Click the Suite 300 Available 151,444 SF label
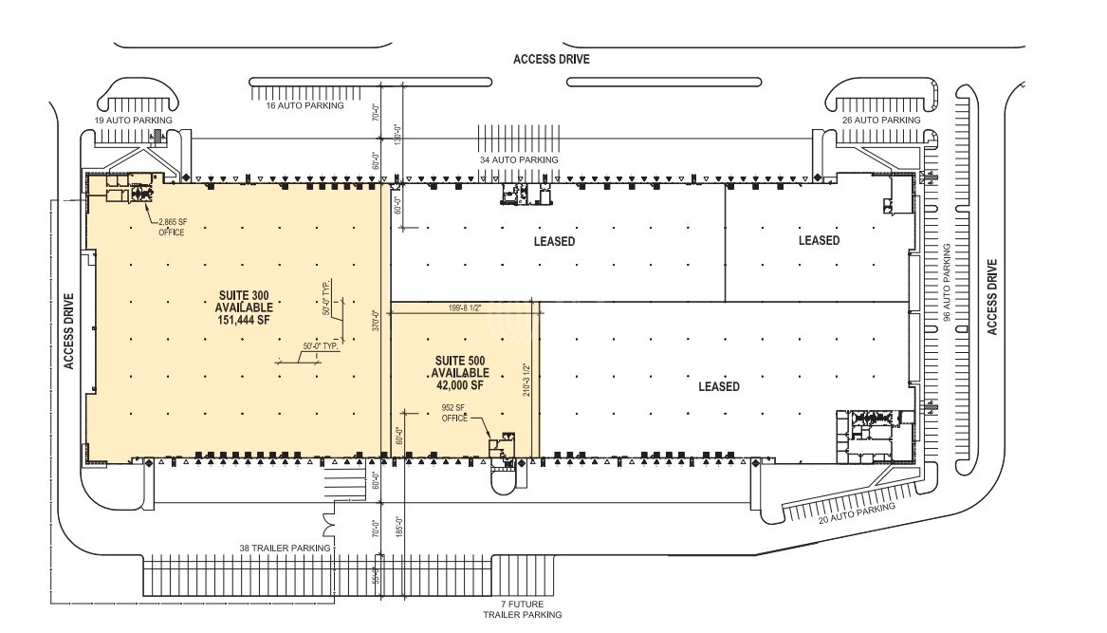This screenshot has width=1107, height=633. [x=245, y=307]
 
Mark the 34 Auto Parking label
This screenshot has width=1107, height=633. [x=519, y=159]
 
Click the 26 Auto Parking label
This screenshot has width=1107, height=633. [x=880, y=121]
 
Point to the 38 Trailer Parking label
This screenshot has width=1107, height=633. [x=285, y=548]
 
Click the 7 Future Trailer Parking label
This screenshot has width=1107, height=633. [x=521, y=609]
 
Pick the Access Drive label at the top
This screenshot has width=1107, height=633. [x=551, y=59]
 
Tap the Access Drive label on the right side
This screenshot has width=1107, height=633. [x=992, y=297]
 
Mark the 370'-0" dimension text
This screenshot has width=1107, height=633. [x=376, y=327]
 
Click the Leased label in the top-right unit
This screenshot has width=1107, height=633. [x=819, y=240]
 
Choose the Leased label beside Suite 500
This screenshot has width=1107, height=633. [x=718, y=386]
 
